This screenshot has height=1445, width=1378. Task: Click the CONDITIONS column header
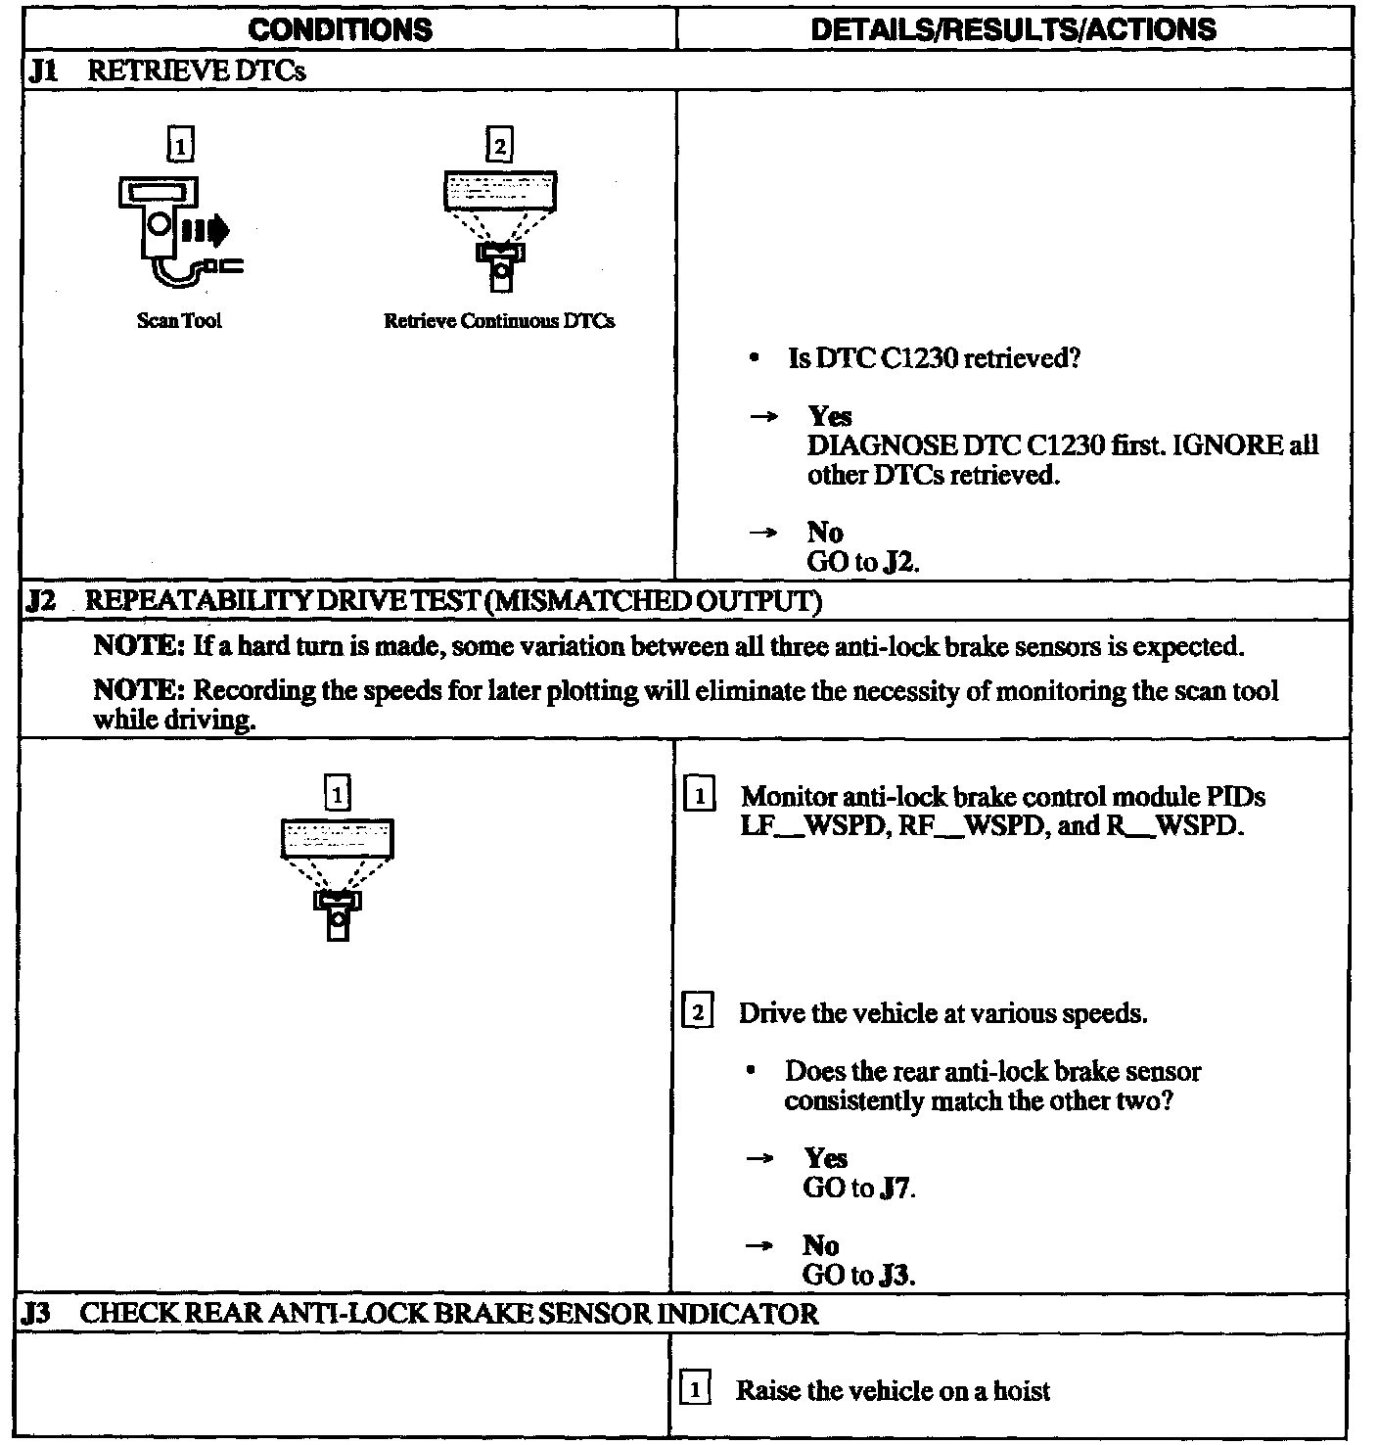(340, 29)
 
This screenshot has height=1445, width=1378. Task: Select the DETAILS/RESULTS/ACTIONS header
(1014, 29)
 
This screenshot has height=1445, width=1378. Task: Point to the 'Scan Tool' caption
(179, 321)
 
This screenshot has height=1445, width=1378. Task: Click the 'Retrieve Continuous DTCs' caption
(499, 321)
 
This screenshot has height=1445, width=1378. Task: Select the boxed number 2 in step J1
(499, 146)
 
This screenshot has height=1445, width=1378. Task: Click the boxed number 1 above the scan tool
(181, 146)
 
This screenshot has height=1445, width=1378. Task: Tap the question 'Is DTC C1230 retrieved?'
(934, 358)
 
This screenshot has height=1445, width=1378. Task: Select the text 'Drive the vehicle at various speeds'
(942, 1012)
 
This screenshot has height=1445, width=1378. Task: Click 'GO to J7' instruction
(858, 1188)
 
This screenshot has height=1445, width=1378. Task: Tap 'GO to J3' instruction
(858, 1275)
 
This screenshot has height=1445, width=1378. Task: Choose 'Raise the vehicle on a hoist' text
(893, 1390)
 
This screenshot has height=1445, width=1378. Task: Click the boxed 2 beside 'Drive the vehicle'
(697, 1011)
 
